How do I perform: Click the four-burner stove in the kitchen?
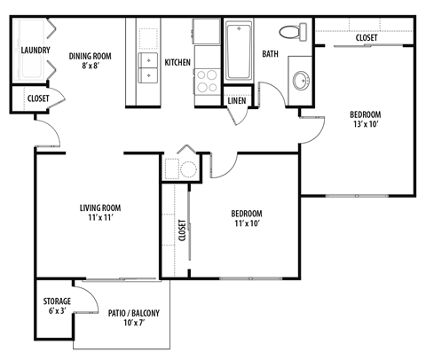click(x=208, y=82)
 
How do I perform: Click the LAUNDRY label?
click(x=35, y=51)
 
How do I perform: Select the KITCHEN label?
click(x=178, y=63)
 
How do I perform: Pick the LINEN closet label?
click(x=237, y=101)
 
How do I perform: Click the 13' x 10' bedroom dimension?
click(x=365, y=125)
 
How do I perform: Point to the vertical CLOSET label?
click(x=182, y=231)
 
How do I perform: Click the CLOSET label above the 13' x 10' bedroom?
click(x=367, y=38)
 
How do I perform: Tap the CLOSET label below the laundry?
click(x=38, y=98)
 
